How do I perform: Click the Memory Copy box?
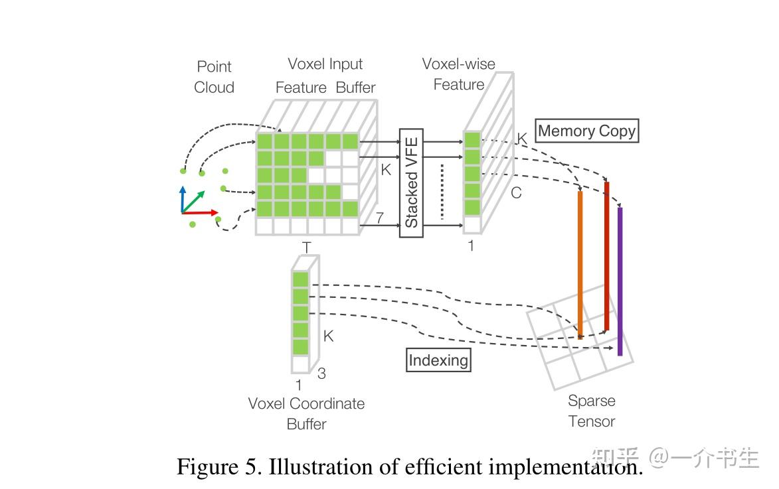point(587,131)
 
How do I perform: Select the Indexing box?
point(438,360)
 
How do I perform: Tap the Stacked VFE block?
point(411,182)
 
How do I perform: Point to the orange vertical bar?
point(580,265)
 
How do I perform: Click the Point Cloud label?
point(214,77)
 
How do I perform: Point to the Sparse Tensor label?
point(592,411)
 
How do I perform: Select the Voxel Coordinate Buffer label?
point(306,413)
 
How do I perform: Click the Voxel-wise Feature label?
point(459,74)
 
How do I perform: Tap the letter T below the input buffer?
point(306,247)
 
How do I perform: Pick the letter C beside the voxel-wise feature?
point(515,193)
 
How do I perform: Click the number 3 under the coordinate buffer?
point(321,374)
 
